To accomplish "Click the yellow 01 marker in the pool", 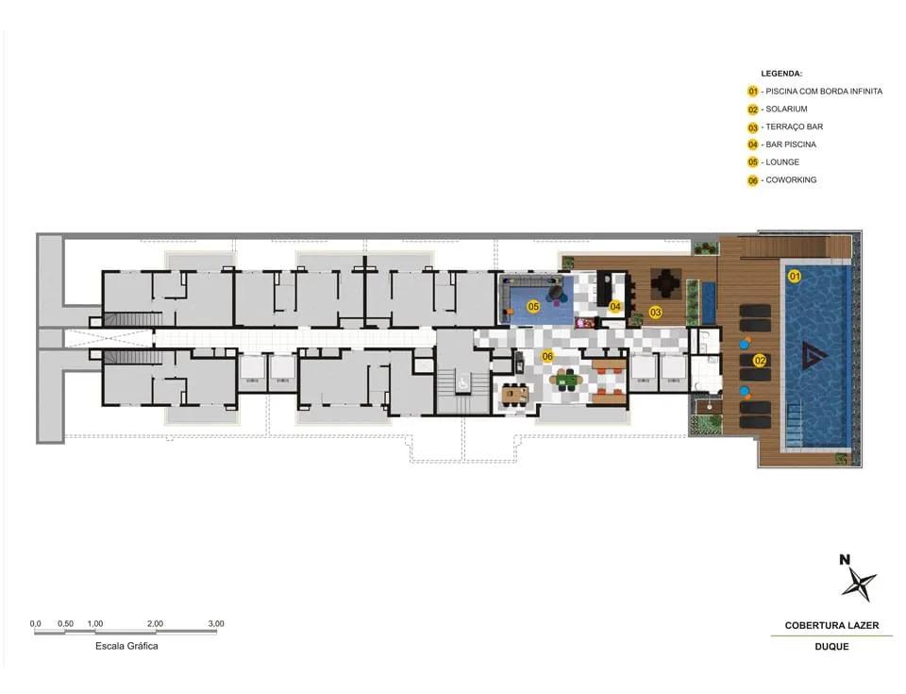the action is (x=795, y=277).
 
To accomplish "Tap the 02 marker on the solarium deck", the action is (x=761, y=361).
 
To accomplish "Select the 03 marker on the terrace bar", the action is (x=655, y=313).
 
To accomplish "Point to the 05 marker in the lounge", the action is (x=533, y=307).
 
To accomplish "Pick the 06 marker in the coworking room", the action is (x=547, y=356).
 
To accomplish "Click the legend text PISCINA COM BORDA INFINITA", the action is (x=824, y=92).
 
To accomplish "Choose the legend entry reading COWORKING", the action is (x=791, y=179).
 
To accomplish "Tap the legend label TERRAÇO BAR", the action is (x=795, y=127).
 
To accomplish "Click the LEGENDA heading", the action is (x=781, y=74).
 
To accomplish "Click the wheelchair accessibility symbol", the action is (x=462, y=382).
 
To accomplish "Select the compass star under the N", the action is (x=859, y=583).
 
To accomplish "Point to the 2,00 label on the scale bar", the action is (x=155, y=623).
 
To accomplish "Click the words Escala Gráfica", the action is (x=126, y=646).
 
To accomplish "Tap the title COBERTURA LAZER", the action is (x=831, y=625).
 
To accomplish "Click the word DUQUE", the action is (x=831, y=647).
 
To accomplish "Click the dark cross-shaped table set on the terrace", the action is (x=667, y=284).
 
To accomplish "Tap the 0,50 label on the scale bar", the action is (x=65, y=623).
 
